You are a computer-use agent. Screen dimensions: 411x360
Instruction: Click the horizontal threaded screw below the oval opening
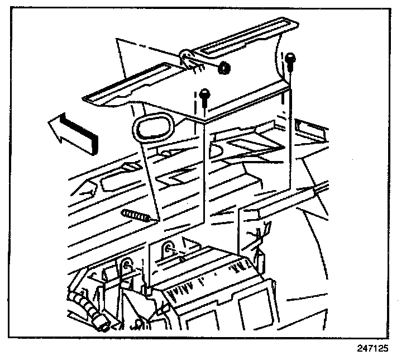(136, 215)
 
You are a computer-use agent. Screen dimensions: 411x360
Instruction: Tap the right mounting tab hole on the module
(168, 248)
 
